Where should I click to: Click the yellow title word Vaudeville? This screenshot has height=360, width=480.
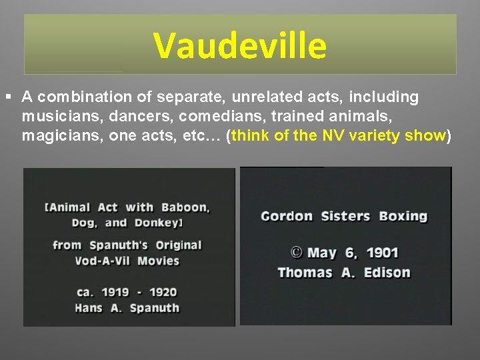pyautogui.click(x=240, y=45)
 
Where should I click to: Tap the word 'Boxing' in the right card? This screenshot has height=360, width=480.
pyautogui.click(x=403, y=216)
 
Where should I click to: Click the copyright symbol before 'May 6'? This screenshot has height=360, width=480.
pyautogui.click(x=296, y=253)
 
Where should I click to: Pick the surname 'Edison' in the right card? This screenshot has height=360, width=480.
pyautogui.click(x=387, y=272)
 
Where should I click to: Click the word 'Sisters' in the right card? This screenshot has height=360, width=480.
pyautogui.click(x=345, y=216)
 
